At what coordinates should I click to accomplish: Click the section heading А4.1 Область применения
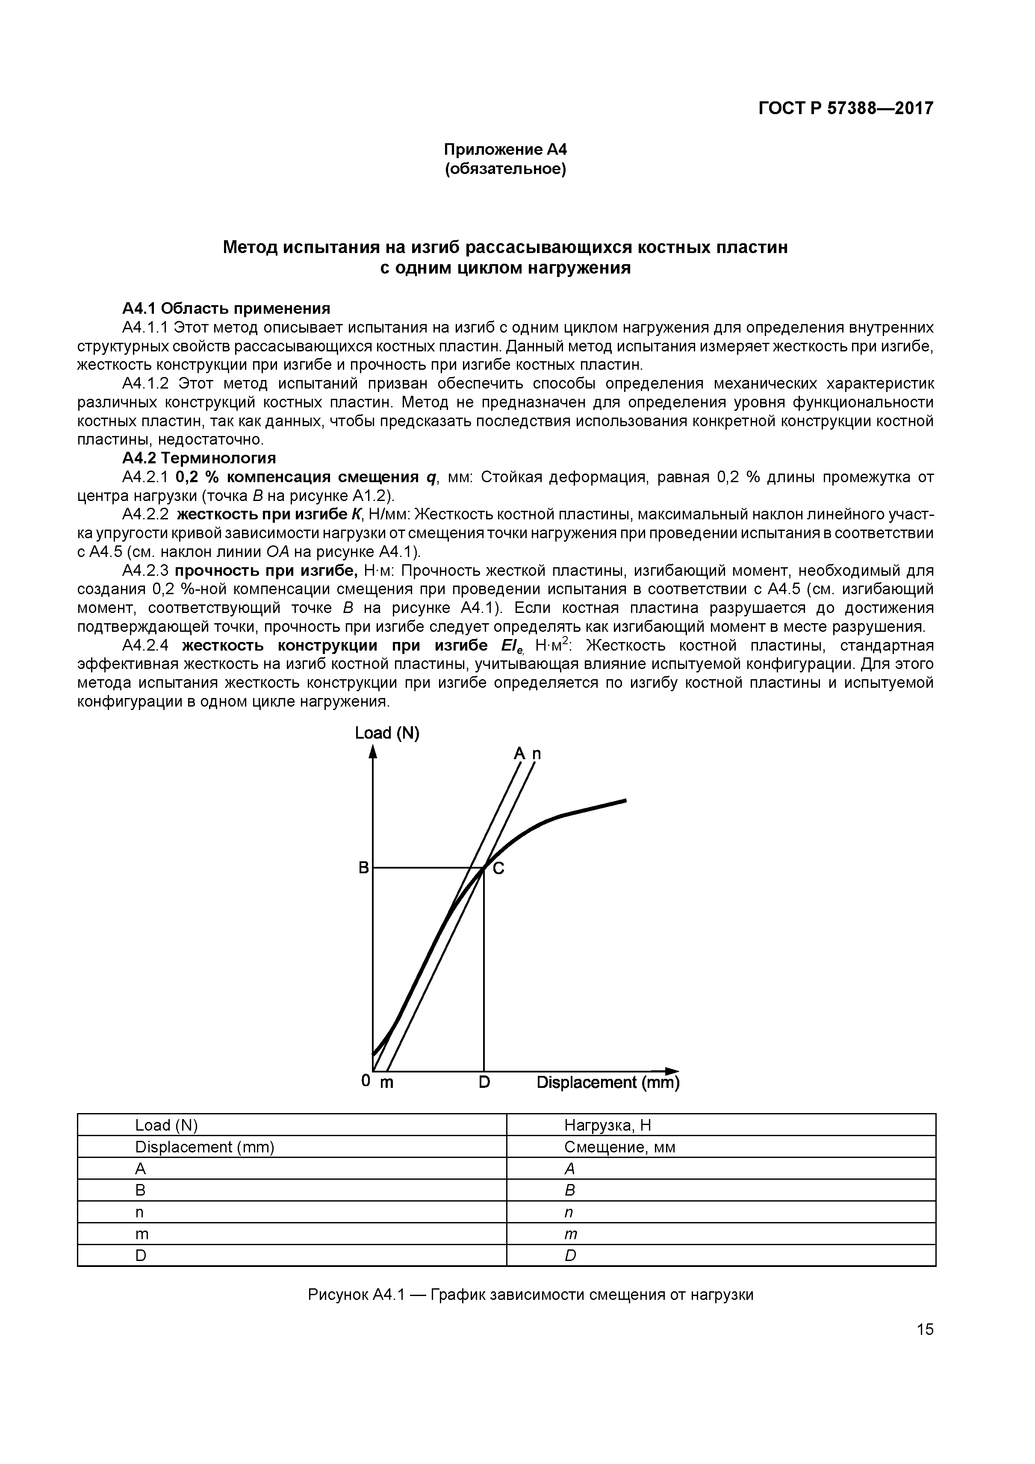[227, 309]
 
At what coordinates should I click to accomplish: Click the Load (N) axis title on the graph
[387, 733]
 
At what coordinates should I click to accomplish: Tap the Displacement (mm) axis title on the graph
[608, 1082]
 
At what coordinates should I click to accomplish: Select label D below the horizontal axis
[484, 1082]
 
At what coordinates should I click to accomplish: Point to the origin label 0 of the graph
[366, 1080]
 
